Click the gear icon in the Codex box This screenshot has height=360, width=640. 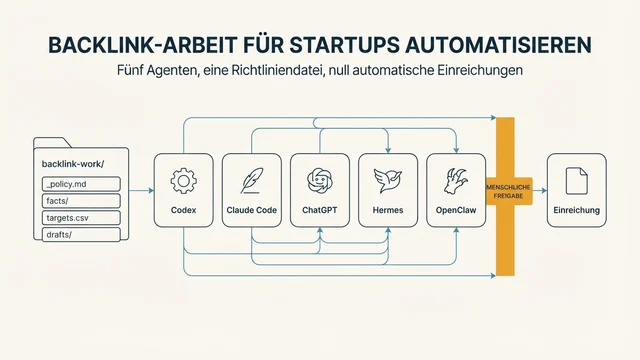pyautogui.click(x=183, y=181)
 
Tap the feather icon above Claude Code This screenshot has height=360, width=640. pyautogui.click(x=251, y=181)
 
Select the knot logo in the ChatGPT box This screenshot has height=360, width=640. pyautogui.click(x=320, y=181)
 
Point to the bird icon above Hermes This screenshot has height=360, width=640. pyautogui.click(x=388, y=180)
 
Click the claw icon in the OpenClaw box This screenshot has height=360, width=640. pyautogui.click(x=456, y=181)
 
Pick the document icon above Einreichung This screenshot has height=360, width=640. pyautogui.click(x=577, y=181)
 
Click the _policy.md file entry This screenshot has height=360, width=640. pyautogui.click(x=81, y=184)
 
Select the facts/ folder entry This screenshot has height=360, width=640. pyautogui.click(x=81, y=201)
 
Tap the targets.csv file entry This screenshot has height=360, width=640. pyautogui.click(x=81, y=218)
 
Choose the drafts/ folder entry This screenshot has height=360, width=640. pyautogui.click(x=81, y=235)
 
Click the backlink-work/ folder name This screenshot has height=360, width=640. pyautogui.click(x=73, y=164)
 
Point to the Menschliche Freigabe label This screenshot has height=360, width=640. pyautogui.click(x=508, y=191)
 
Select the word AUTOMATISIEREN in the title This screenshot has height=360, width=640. pyautogui.click(x=498, y=45)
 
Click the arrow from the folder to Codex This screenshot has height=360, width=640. pyautogui.click(x=142, y=190)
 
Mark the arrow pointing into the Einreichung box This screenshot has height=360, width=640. pyautogui.click(x=540, y=190)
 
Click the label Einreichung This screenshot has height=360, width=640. pyautogui.click(x=577, y=210)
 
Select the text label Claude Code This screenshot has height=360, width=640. pyautogui.click(x=251, y=210)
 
